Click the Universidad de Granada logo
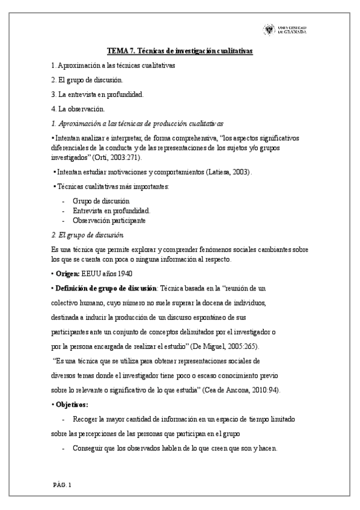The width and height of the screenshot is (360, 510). pos(284,29)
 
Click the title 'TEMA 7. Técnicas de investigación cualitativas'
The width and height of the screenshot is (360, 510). pos(180,52)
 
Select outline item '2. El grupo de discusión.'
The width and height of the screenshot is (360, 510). pos(88,80)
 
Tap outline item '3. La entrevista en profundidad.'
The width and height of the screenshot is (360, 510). pos(97,94)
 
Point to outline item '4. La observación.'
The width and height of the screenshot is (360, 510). pos(78,109)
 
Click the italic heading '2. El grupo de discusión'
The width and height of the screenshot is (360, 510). pos(88,235)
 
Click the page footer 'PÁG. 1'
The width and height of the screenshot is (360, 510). pos(61,484)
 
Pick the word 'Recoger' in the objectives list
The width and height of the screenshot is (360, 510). pos(85,419)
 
